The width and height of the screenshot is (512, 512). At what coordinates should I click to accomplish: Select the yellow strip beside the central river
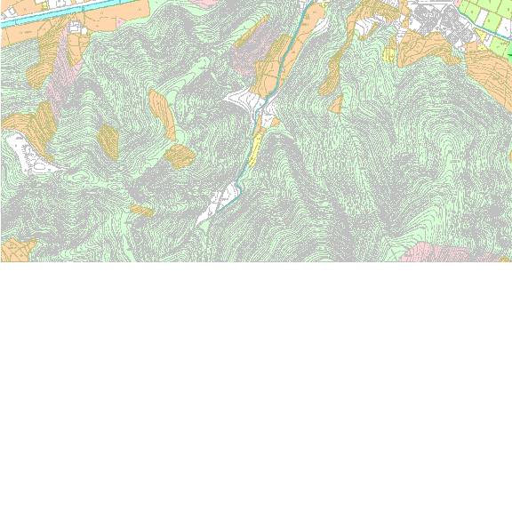pyautogui.click(x=254, y=148)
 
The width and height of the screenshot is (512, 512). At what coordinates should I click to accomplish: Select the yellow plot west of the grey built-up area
pyautogui.click(x=388, y=54)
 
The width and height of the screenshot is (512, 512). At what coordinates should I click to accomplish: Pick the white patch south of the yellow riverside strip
pyautogui.click(x=219, y=201)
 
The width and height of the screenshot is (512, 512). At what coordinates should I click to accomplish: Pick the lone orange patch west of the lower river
pyautogui.click(x=142, y=211)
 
